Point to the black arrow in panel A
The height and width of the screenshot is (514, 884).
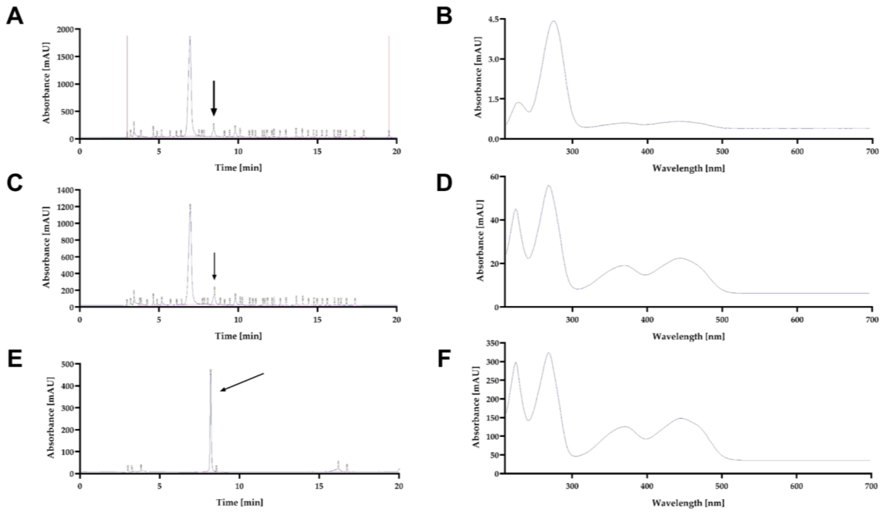[x=214, y=98]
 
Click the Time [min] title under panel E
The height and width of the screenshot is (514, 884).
[x=239, y=502]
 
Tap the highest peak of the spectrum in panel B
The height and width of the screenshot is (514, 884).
[x=554, y=21]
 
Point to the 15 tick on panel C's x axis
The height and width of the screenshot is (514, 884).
[x=317, y=320]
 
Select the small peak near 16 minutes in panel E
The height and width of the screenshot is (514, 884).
[x=338, y=468]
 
